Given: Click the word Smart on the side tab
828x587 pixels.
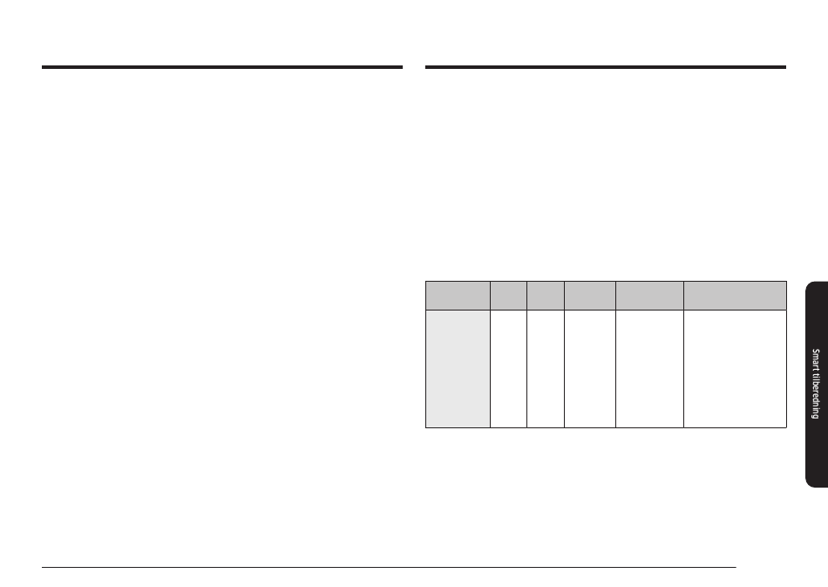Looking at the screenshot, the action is coord(816,361).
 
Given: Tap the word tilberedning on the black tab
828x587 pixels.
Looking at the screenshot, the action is coord(817,398).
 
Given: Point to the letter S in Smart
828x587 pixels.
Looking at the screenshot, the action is coord(816,351).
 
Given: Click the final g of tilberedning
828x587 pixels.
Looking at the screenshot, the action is coord(817,417).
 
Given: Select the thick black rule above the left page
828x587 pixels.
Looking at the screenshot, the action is coord(222,67).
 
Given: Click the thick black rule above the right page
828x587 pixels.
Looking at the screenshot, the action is coord(606,67).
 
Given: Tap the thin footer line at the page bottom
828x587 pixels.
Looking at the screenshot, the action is coord(389,568).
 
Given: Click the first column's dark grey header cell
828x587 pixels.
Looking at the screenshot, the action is coord(458,296).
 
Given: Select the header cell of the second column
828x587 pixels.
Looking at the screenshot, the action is coord(508,296).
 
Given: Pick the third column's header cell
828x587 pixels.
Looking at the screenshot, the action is coord(546,296).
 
